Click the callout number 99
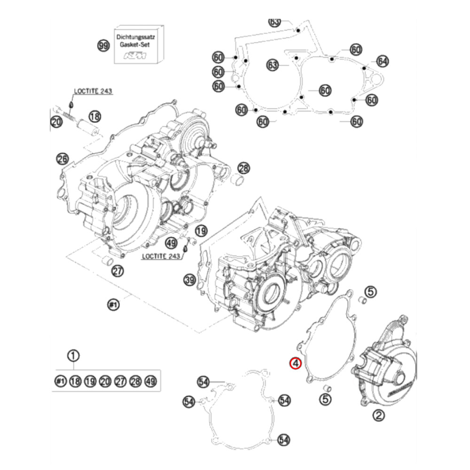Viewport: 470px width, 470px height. point(103,46)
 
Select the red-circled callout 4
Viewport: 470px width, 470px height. point(295,363)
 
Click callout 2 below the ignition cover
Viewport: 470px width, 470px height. point(379,415)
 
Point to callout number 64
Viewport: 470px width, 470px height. point(383,61)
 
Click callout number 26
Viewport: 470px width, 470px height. point(63,159)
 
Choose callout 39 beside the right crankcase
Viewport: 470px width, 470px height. point(189,281)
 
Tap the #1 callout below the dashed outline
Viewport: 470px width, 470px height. point(113,305)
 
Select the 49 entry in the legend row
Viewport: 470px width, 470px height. point(150,381)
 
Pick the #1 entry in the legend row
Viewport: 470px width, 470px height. point(60,381)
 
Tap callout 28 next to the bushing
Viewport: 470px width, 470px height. point(243,168)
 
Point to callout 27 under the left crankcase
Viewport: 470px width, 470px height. point(117,271)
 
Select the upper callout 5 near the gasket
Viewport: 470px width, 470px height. point(371,292)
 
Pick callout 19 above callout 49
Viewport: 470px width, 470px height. point(201,231)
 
